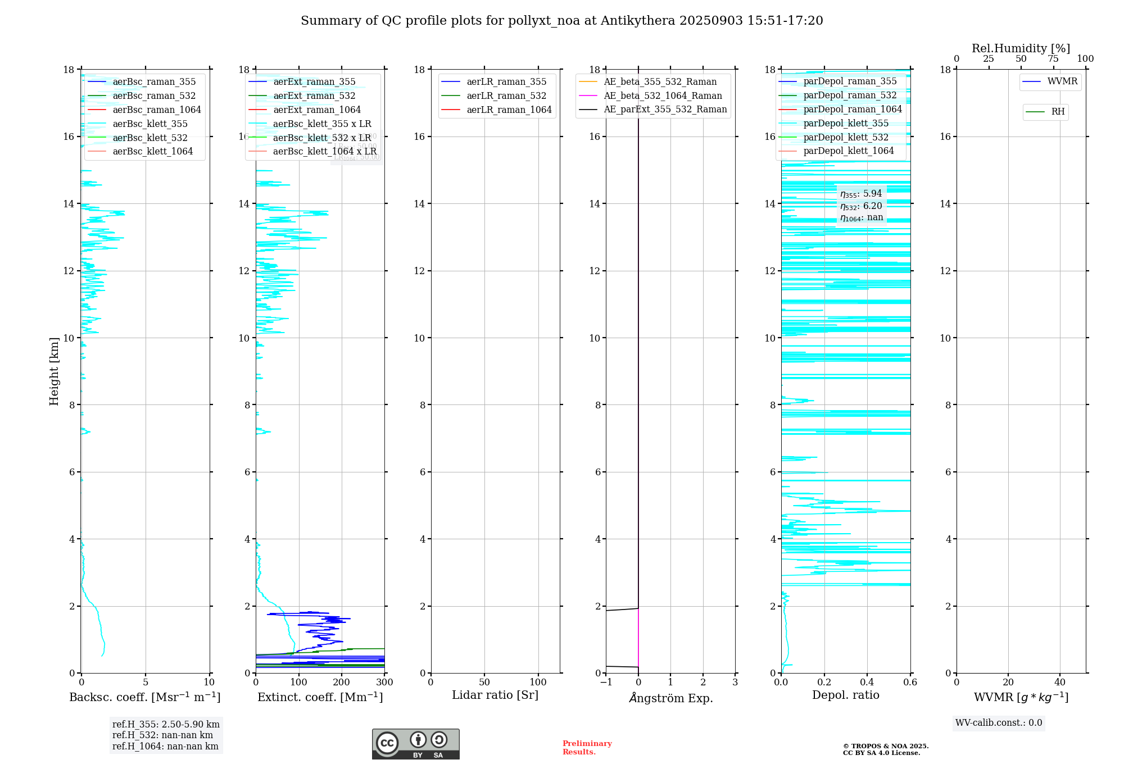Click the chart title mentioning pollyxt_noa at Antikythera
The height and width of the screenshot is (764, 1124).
561,21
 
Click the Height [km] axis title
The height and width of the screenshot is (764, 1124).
54,371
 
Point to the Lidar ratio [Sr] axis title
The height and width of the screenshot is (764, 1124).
495,695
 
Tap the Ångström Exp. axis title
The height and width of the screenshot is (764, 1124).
670,698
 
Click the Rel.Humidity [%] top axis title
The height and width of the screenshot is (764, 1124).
1021,48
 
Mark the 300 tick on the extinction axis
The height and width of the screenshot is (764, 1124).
384,682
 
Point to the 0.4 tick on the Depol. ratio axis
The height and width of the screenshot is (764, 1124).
867,682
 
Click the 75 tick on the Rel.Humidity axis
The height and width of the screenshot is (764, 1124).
1053,59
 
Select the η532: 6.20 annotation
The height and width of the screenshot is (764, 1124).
861,206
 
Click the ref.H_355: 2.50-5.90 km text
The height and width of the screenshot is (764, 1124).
166,724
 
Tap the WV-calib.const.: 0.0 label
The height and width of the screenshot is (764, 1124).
999,723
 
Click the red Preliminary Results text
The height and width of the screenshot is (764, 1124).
587,747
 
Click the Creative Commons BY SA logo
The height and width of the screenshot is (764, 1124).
415,744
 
